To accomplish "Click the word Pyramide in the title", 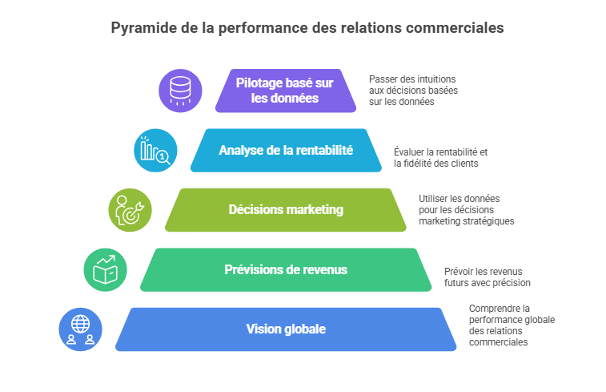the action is tap(143, 28).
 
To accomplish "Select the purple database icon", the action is tap(180, 91).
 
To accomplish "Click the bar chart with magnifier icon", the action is tap(155, 151).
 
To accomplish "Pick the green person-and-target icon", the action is tap(130, 210).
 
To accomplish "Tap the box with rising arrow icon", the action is tap(105, 269).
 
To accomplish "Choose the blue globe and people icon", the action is tap(80, 329).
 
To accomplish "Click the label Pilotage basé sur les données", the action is tap(285, 91).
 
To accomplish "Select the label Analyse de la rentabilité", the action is tap(286, 150).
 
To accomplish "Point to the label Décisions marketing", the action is tap(286, 210).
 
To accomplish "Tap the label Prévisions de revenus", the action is tap(286, 269).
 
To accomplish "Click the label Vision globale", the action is tap(286, 329).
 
